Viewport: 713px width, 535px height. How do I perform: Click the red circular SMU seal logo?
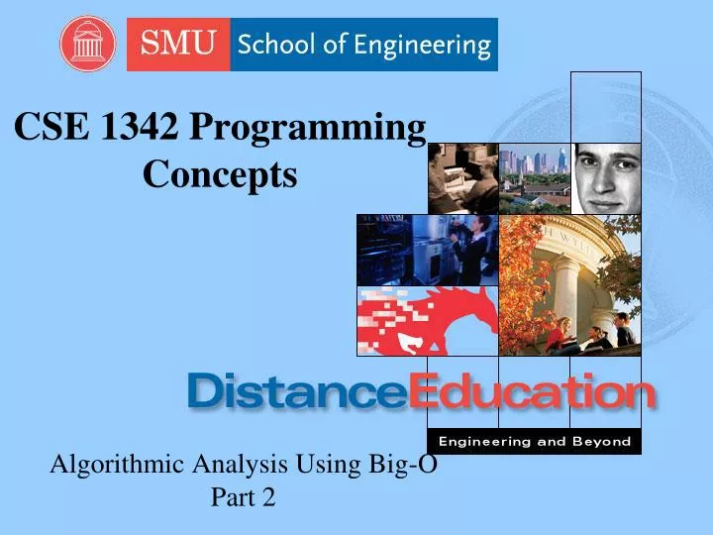(x=87, y=44)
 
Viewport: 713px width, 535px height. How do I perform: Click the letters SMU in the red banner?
(x=178, y=45)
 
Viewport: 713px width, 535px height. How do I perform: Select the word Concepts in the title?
(x=220, y=174)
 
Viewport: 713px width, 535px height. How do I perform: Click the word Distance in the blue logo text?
(x=297, y=393)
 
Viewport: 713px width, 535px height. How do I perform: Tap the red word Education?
(x=532, y=393)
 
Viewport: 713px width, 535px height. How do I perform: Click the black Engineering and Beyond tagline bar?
(x=535, y=441)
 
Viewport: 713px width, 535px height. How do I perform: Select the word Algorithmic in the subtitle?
(x=114, y=464)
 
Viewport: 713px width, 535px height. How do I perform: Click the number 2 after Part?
(x=268, y=498)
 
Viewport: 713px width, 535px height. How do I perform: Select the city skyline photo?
(x=535, y=178)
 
